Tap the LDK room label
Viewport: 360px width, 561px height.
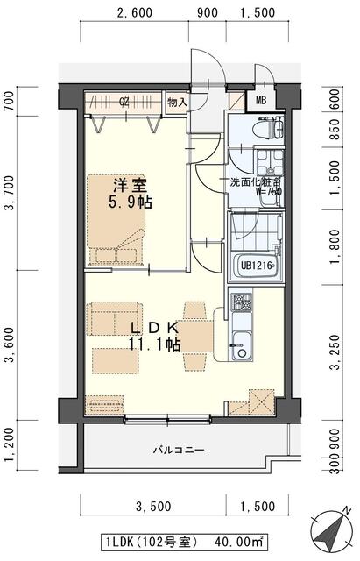155,329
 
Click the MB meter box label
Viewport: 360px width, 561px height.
261,100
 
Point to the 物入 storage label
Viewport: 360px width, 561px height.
177,102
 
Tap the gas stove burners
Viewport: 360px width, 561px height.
240,304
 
